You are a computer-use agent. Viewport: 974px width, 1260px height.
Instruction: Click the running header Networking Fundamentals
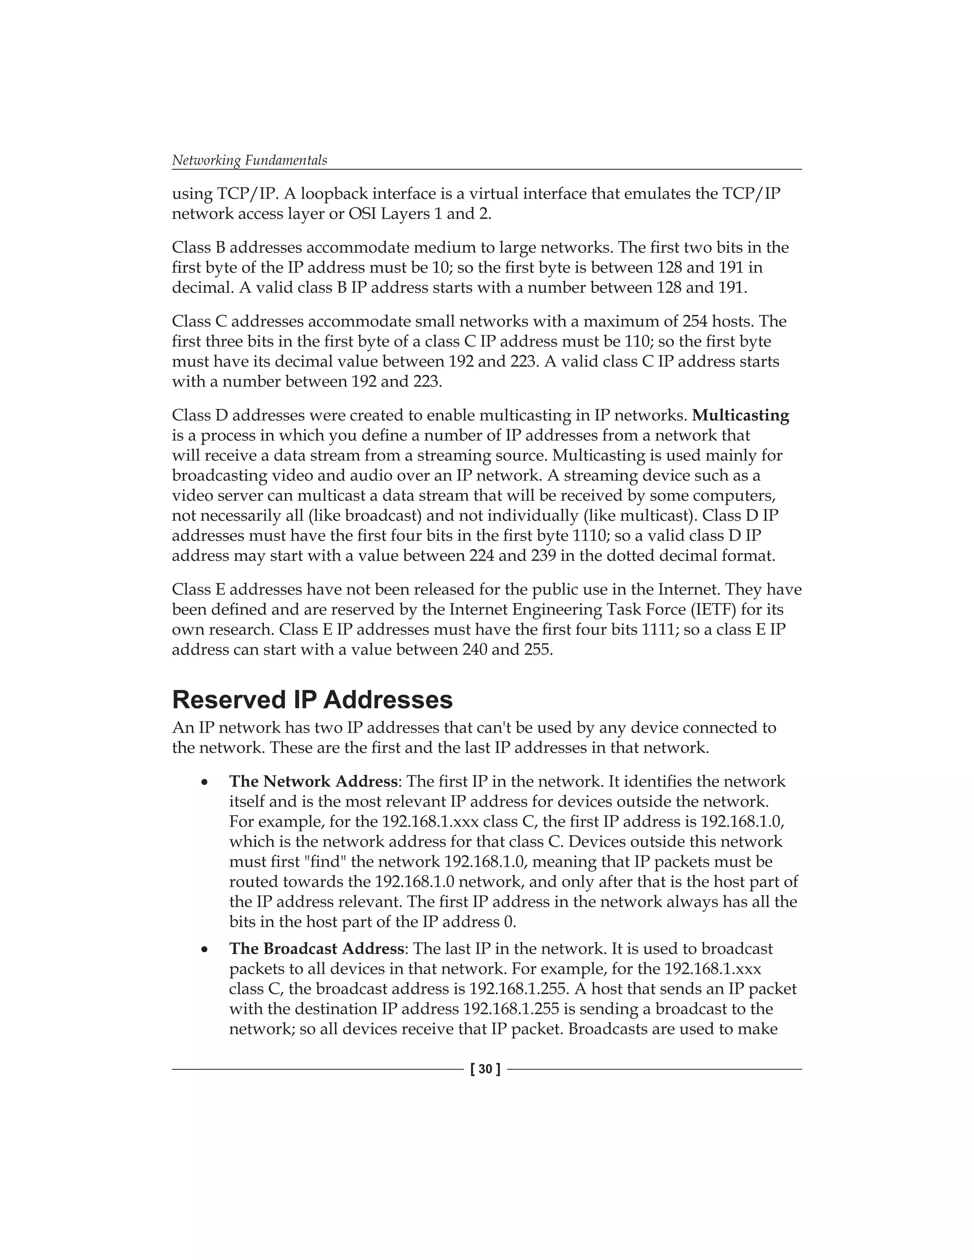[249, 160]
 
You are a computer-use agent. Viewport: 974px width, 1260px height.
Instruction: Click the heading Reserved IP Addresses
[312, 700]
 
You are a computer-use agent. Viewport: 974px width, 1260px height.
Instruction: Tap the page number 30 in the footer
[486, 1069]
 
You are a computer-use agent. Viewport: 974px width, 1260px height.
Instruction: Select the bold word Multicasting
[740, 416]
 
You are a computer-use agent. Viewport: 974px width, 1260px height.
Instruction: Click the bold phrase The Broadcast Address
[316, 949]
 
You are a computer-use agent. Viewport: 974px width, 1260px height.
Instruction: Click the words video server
[219, 495]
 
